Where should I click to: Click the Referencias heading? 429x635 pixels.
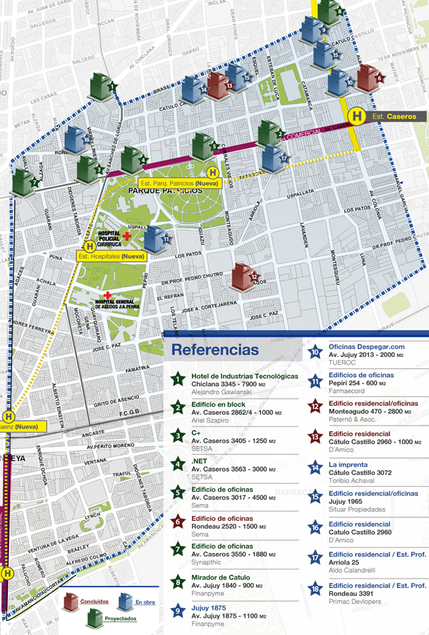coord(214,350)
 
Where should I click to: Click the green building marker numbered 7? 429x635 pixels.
coord(23,183)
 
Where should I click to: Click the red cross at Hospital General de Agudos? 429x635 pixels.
coord(107,295)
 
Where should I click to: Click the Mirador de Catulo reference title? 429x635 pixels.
coord(221,577)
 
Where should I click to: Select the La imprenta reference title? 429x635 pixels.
coord(348,465)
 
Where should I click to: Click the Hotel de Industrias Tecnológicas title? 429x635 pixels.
coord(246,377)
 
